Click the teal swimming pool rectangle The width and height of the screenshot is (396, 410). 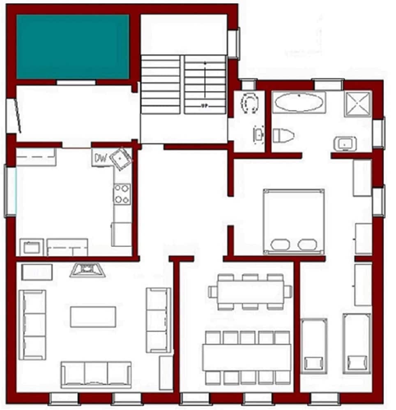pos(73,47)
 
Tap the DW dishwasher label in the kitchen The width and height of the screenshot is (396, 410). pos(100,158)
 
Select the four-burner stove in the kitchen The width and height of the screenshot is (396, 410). pos(122,194)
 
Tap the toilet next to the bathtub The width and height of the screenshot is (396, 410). pos(283,135)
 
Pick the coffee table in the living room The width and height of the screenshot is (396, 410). pos(93,317)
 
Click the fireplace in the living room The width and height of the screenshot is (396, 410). pos(87,270)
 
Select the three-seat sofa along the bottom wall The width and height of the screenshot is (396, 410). pos(96,374)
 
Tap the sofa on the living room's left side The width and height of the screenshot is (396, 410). pos(32,324)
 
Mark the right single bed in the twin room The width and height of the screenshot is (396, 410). pos(356,344)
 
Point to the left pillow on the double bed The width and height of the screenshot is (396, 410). pos(280,244)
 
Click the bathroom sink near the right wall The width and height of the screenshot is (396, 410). pos(345,143)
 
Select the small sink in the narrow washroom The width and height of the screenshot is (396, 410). pos(258,134)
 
